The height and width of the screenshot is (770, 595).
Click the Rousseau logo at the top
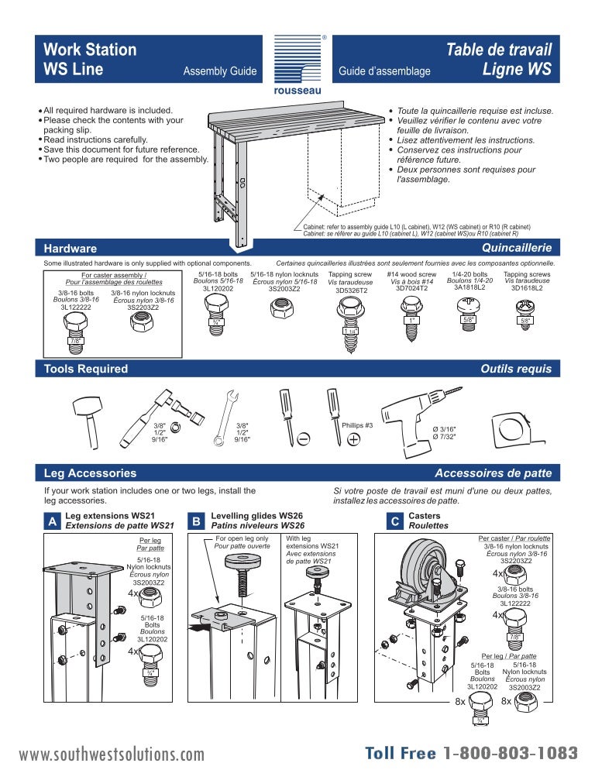click(x=297, y=64)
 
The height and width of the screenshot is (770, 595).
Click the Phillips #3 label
click(x=357, y=425)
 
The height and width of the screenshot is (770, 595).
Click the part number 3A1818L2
click(x=469, y=287)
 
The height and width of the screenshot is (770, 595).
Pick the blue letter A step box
click(x=52, y=523)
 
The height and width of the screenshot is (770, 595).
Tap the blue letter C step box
click(x=394, y=523)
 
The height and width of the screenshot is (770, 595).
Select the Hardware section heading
click(x=71, y=248)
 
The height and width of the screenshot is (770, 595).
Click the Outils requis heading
click(x=515, y=370)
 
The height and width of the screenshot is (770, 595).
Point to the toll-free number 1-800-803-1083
click(x=510, y=753)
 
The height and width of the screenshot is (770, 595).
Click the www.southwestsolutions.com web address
click(x=112, y=755)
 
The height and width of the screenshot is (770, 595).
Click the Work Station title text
click(x=90, y=50)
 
